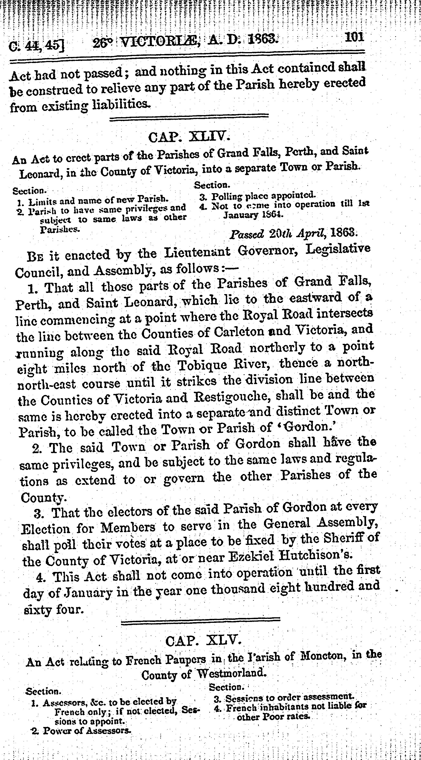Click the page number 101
point(354,38)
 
